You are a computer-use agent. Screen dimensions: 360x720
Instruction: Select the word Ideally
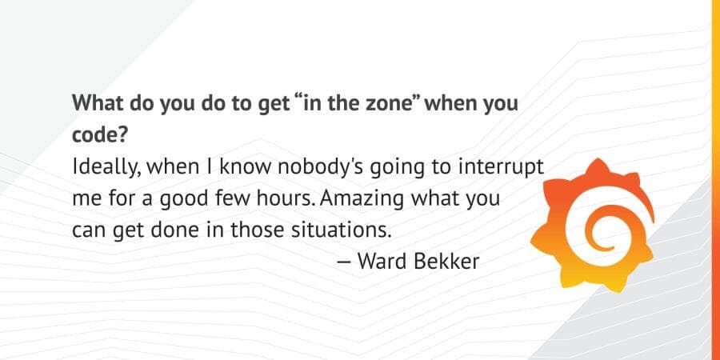(101, 167)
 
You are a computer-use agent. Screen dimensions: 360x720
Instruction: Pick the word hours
(322, 198)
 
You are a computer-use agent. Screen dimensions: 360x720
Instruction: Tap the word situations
(342, 230)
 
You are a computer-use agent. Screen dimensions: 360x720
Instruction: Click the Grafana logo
(599, 226)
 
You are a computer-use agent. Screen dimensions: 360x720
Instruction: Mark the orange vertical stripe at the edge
(715, 180)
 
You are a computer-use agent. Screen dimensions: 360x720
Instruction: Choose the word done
(193, 230)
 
